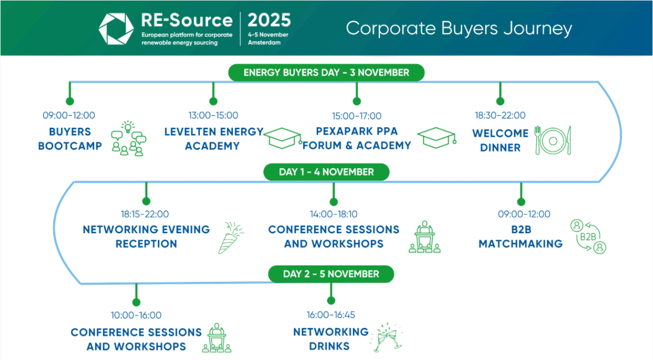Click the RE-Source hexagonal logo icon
click(x=116, y=28)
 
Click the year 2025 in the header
click(x=269, y=21)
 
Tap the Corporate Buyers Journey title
click(x=459, y=28)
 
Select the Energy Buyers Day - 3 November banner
click(x=326, y=72)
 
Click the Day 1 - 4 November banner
click(x=326, y=172)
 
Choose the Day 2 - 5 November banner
click(x=331, y=274)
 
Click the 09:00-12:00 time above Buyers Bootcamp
click(x=69, y=115)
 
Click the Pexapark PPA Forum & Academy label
click(x=357, y=139)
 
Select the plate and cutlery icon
click(x=553, y=140)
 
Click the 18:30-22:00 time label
click(x=500, y=115)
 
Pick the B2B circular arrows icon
click(x=588, y=237)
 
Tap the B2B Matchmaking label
click(x=521, y=237)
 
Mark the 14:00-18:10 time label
click(x=334, y=214)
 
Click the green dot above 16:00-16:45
click(x=330, y=300)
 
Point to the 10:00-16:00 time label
click(x=136, y=315)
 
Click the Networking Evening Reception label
click(x=146, y=237)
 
